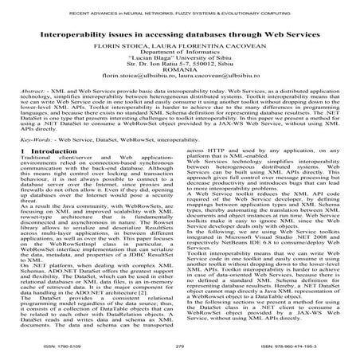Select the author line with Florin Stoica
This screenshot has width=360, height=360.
click(180, 46)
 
